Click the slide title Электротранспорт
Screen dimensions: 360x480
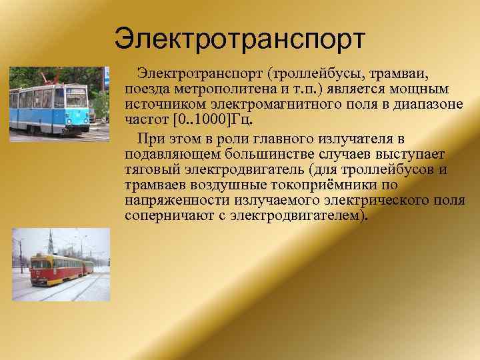click(x=239, y=39)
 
